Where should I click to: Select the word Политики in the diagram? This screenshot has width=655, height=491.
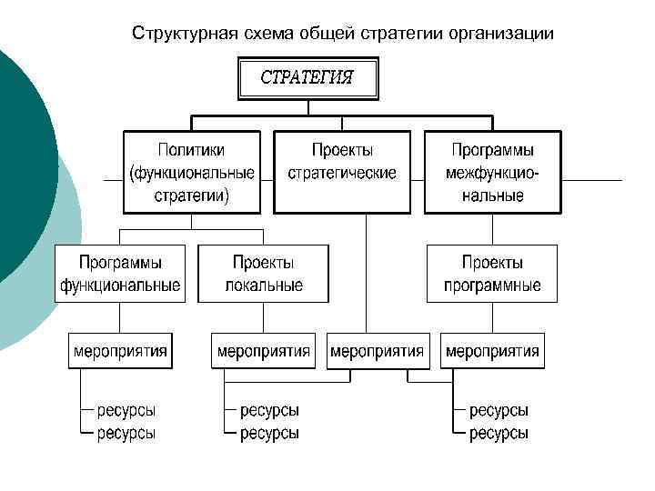(192, 149)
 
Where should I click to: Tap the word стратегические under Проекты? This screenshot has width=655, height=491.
(342, 173)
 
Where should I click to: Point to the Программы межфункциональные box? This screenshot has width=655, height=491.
(492, 172)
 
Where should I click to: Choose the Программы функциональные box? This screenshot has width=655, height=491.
(120, 274)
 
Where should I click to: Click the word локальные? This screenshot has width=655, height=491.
(264, 286)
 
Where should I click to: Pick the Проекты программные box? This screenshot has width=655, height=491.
(492, 274)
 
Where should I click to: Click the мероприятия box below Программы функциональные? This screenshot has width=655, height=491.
(120, 351)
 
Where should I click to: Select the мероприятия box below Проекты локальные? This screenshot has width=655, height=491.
(263, 351)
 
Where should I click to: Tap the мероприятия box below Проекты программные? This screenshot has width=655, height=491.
(492, 351)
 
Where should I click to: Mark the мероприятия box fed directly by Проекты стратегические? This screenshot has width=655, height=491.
(377, 351)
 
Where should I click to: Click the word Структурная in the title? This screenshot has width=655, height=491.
(185, 34)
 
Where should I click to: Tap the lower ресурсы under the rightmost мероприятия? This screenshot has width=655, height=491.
(499, 434)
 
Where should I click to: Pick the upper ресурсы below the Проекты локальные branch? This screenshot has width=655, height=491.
(269, 411)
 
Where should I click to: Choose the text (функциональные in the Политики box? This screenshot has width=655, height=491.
(192, 173)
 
